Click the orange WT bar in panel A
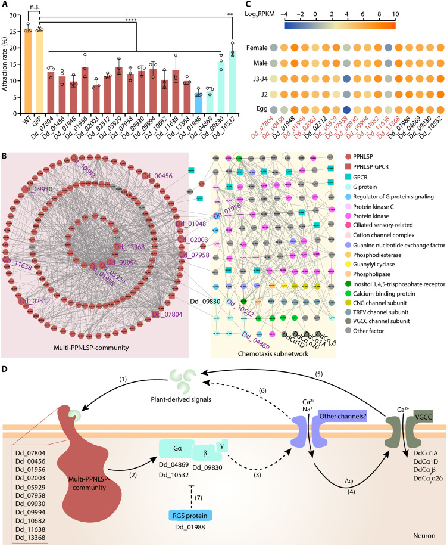[27, 72]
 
